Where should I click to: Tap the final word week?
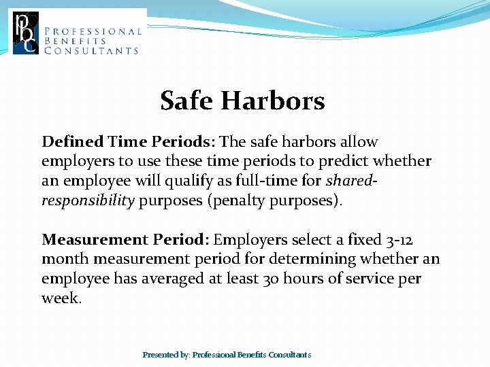tap(61, 299)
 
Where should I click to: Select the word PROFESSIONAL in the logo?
tap(93, 31)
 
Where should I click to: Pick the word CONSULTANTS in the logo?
tap(91, 50)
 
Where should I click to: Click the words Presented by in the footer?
tap(166, 355)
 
